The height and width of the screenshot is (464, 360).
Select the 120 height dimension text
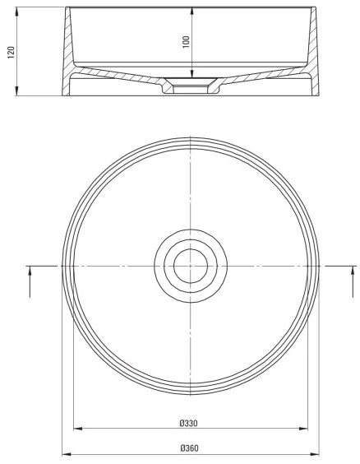[11, 53]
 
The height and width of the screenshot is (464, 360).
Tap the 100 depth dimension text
[186, 40]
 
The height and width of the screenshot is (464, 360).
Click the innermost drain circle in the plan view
[190, 265]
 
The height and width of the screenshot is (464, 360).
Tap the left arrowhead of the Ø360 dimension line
[66, 453]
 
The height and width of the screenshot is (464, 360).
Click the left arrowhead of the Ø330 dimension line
[77, 429]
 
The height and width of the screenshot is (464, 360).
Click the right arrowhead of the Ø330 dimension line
[303, 429]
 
